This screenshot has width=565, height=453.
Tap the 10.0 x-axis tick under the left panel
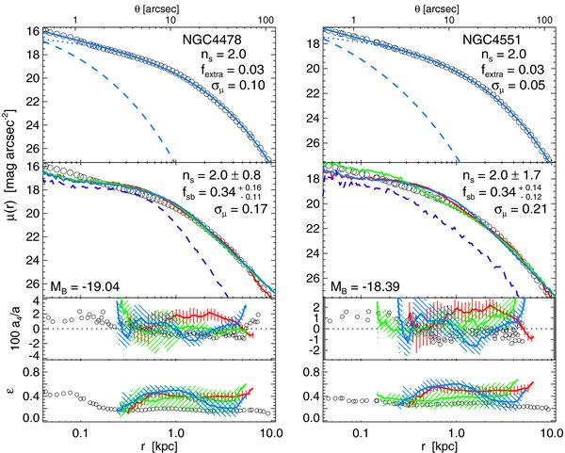(x=271, y=432)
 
